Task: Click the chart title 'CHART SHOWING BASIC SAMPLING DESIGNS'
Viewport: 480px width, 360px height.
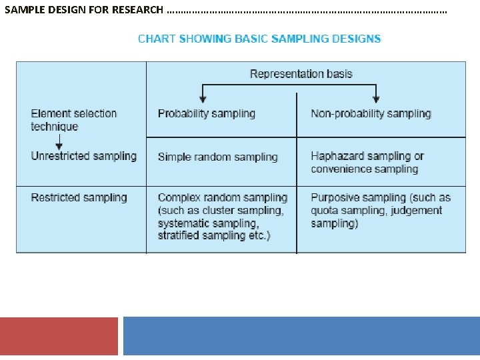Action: pyautogui.click(x=259, y=39)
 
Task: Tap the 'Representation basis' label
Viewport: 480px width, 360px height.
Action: pyautogui.click(x=301, y=74)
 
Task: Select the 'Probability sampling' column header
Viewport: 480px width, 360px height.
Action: pyautogui.click(x=207, y=113)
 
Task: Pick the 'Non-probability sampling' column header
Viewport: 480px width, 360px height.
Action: pyautogui.click(x=371, y=113)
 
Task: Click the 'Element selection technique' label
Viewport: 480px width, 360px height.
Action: pyautogui.click(x=73, y=120)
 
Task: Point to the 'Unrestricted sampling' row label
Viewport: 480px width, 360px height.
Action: pyautogui.click(x=83, y=156)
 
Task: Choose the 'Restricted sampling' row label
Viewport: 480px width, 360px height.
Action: pyautogui.click(x=79, y=197)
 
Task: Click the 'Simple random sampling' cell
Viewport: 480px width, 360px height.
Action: pyautogui.click(x=217, y=157)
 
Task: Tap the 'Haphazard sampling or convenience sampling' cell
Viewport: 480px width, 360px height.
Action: pyautogui.click(x=367, y=163)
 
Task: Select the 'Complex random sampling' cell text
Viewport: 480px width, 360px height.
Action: pyautogui.click(x=223, y=197)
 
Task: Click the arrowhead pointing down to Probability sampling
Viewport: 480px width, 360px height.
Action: pyautogui.click(x=202, y=97)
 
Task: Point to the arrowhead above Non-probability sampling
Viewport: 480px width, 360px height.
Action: pyautogui.click(x=377, y=97)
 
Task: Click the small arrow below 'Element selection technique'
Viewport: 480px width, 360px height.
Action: pyautogui.click(x=59, y=144)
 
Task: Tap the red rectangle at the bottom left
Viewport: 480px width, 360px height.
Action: pyautogui.click(x=59, y=336)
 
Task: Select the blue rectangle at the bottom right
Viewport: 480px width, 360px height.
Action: pyautogui.click(x=301, y=336)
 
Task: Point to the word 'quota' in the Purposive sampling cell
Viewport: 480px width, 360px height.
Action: pyautogui.click(x=325, y=211)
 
